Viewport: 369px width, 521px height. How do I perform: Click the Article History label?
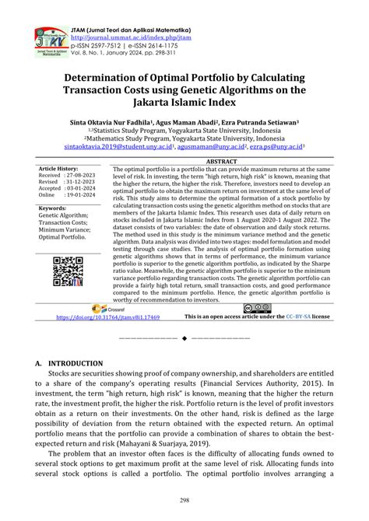pyautogui.click(x=58, y=168)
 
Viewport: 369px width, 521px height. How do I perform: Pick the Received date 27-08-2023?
pyautogui.click(x=83, y=175)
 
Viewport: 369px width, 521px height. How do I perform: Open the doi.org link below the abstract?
pyautogui.click(x=119, y=317)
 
